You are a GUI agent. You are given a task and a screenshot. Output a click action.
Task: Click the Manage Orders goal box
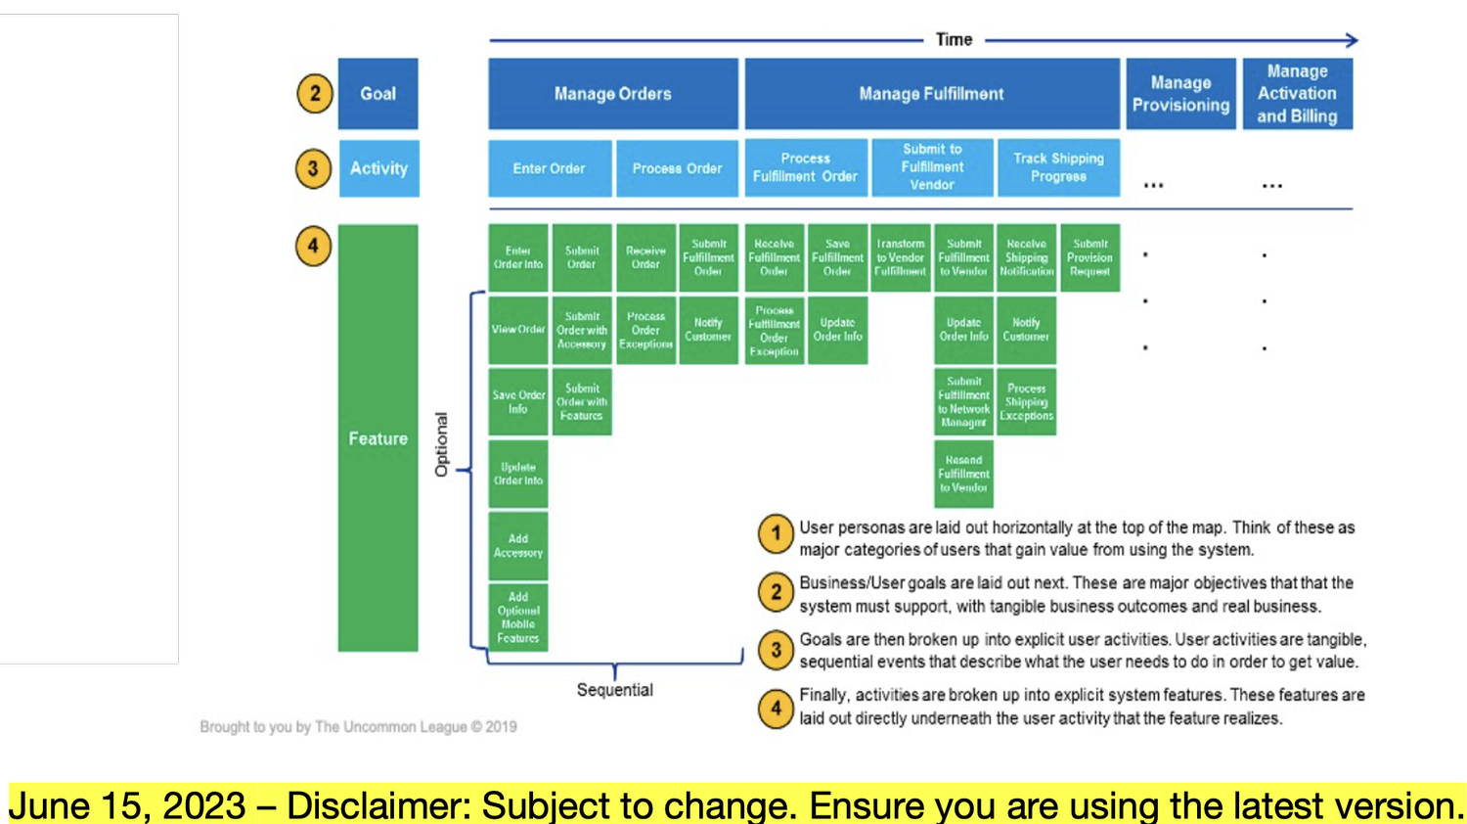(613, 94)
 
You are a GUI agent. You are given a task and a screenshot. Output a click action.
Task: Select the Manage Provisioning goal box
(1180, 94)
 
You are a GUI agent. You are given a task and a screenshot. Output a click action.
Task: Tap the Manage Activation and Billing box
(1297, 94)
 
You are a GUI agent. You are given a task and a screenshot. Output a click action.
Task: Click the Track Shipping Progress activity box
(1058, 168)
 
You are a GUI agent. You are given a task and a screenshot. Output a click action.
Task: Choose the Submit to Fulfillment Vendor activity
(932, 167)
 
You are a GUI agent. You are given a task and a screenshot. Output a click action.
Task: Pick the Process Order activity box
(677, 168)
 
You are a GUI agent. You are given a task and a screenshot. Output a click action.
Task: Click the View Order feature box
(518, 330)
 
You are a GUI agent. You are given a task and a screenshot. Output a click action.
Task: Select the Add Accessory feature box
(518, 546)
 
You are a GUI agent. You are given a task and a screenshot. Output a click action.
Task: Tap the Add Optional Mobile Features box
(518, 618)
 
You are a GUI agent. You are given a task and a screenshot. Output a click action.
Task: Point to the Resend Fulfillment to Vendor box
(963, 474)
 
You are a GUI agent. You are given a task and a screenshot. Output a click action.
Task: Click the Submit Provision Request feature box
(1089, 258)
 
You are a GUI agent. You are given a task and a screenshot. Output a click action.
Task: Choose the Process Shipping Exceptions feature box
(1026, 401)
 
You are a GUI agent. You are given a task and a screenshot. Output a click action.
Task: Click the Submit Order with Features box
(582, 401)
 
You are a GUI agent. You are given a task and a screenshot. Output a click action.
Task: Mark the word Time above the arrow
(954, 40)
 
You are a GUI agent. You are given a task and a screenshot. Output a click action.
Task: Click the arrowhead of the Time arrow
(1352, 40)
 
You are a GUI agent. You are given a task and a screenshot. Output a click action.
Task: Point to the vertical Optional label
(441, 444)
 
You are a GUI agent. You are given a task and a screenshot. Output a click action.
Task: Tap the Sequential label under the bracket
(614, 690)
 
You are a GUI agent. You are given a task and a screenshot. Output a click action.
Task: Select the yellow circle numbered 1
(776, 534)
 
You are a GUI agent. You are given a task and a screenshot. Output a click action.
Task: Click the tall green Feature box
(378, 438)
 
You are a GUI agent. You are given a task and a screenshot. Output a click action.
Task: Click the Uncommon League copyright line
(358, 727)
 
